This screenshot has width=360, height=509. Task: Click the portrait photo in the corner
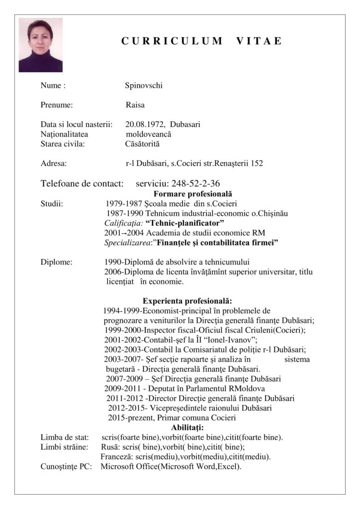(x=40, y=45)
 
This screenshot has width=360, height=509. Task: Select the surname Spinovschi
(x=144, y=85)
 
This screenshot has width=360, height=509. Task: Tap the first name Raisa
(x=135, y=105)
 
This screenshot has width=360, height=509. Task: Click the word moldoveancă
(x=149, y=134)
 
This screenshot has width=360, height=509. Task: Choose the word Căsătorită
(x=142, y=144)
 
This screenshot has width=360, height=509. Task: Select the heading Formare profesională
(x=193, y=194)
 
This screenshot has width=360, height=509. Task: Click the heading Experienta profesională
(x=187, y=301)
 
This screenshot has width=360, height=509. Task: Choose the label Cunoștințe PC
(x=66, y=466)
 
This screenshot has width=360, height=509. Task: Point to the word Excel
(x=227, y=466)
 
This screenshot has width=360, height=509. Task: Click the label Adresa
(x=54, y=163)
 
